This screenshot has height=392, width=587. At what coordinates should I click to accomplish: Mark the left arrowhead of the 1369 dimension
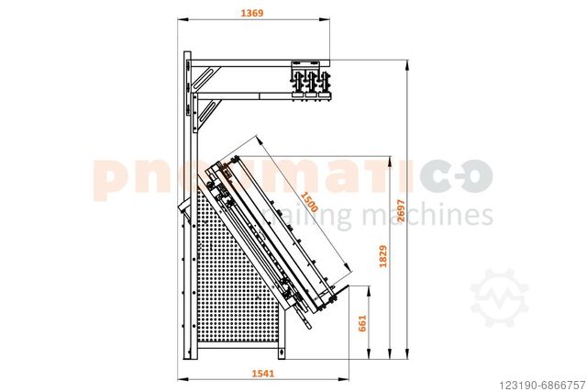182,19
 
